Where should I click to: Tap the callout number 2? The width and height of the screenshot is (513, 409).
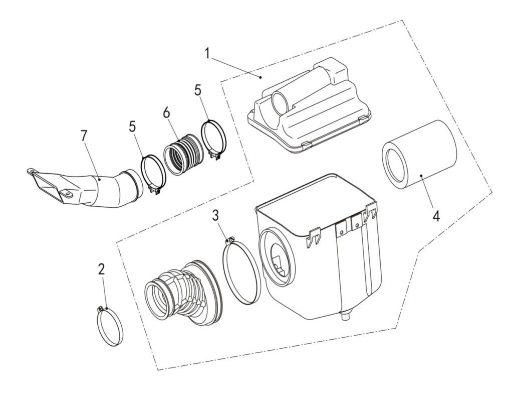101,269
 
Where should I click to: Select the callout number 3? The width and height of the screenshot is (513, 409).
215,216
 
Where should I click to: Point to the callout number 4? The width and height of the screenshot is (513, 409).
436,217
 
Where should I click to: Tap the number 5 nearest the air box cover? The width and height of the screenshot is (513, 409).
198,90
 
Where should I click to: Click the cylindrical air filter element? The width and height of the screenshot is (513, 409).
419,155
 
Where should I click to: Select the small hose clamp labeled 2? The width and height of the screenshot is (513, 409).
111,326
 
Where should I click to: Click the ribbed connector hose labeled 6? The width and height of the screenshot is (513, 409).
182,153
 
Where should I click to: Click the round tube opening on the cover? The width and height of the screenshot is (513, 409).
280,102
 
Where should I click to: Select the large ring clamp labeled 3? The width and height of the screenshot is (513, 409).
241,270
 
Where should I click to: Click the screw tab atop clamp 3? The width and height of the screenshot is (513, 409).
230,240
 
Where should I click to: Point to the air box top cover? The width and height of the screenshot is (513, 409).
310,105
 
